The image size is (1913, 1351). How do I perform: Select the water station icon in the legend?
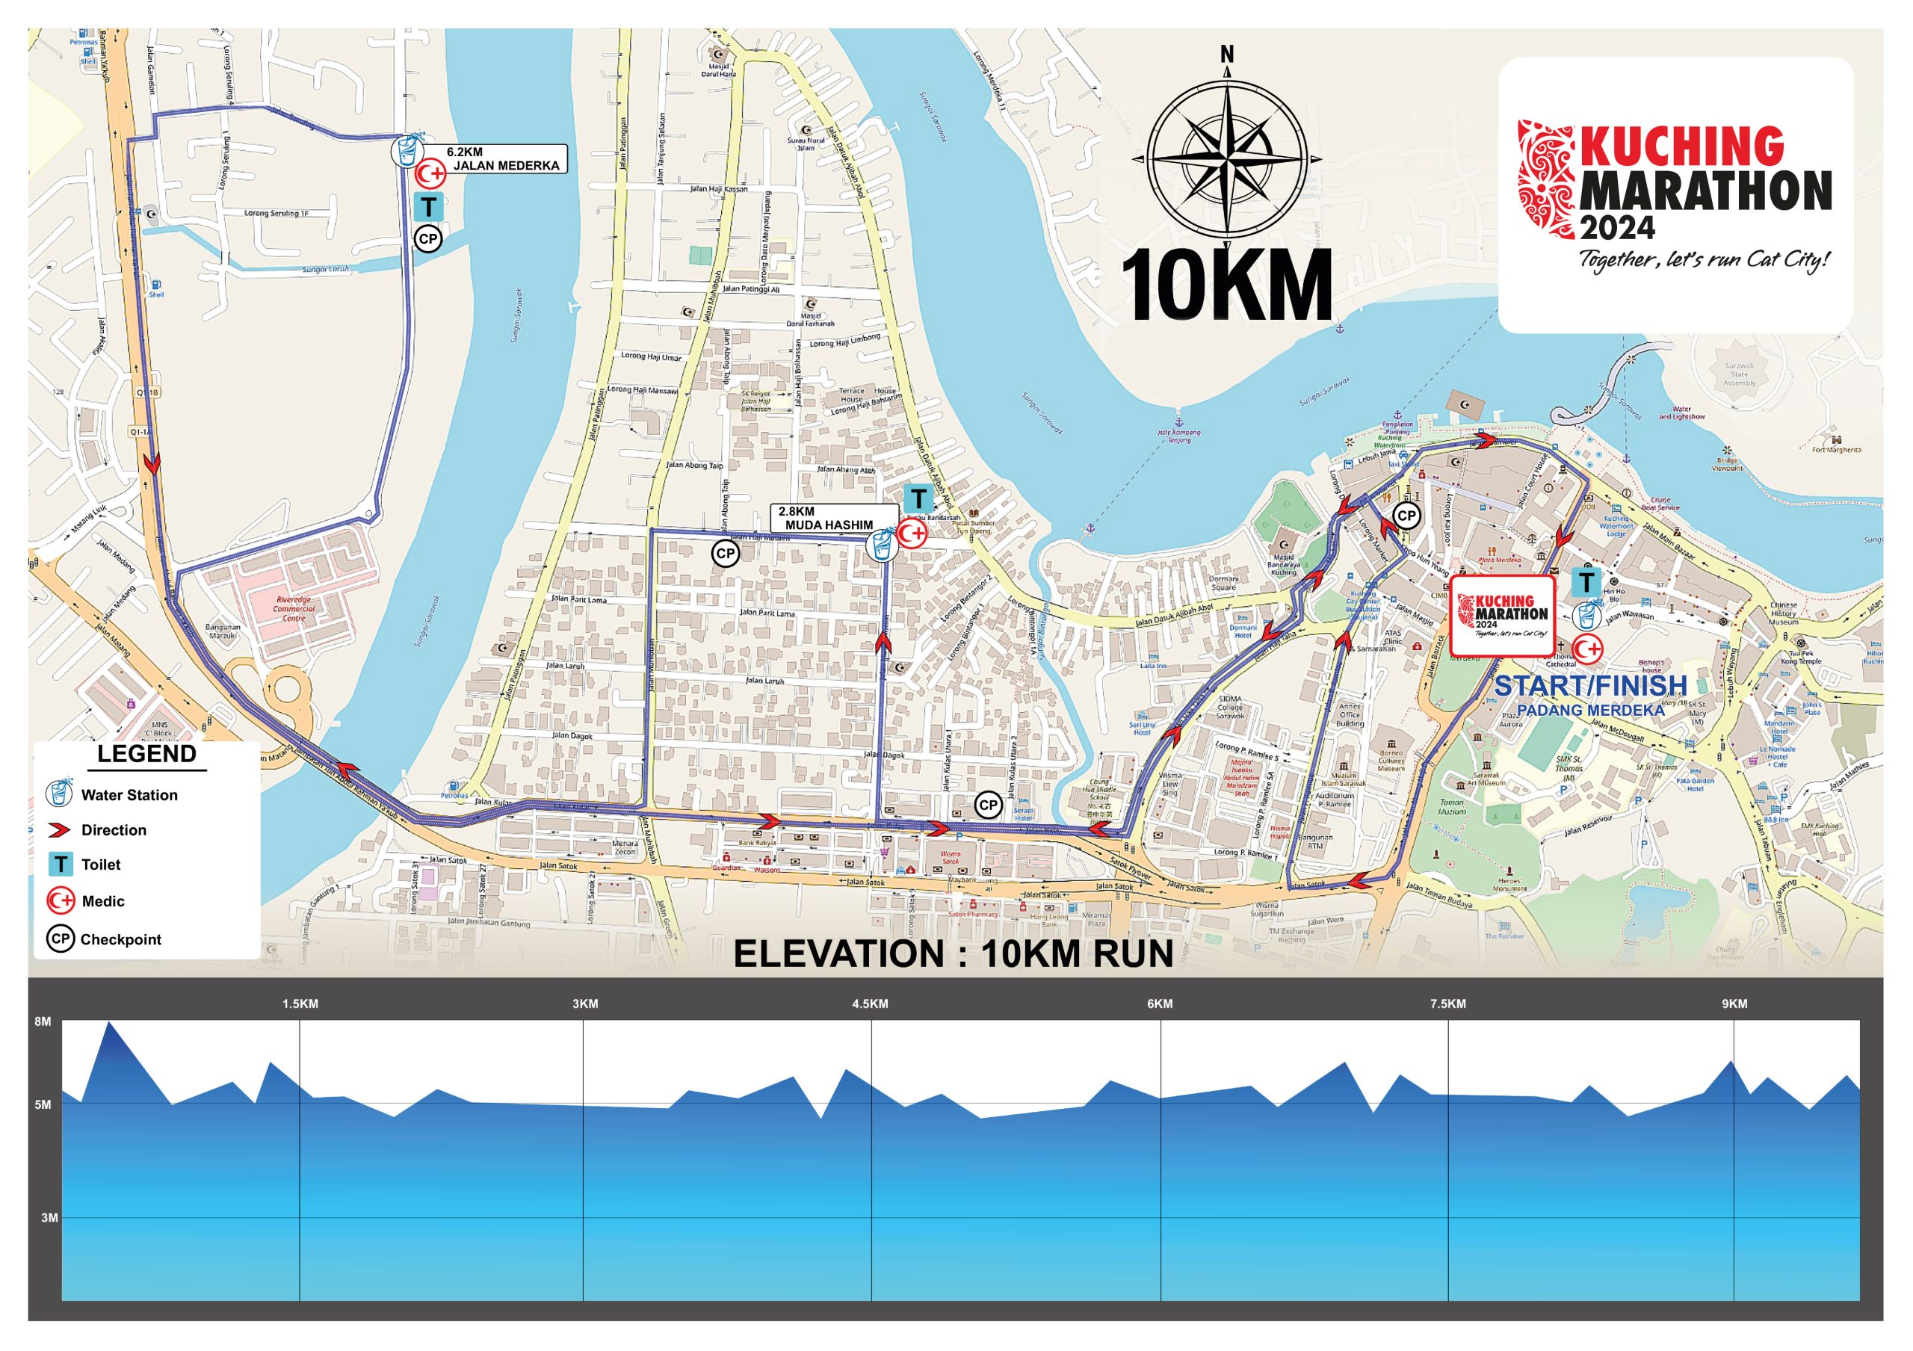click(x=59, y=794)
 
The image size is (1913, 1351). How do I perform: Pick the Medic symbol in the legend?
click(x=61, y=900)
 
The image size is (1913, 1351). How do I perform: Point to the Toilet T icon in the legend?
click(x=60, y=865)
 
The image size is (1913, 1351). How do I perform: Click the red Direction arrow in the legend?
click(x=60, y=829)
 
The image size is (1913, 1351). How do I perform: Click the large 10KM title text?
click(x=1226, y=285)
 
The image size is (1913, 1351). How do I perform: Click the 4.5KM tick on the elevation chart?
click(x=870, y=1004)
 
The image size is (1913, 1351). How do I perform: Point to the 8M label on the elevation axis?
click(x=43, y=1021)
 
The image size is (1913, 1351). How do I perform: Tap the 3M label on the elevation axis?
click(x=49, y=1218)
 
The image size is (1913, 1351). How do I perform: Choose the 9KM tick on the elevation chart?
click(x=1734, y=1004)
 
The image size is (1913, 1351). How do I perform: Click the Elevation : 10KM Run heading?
click(x=954, y=954)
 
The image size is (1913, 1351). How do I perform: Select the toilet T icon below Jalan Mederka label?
click(x=428, y=205)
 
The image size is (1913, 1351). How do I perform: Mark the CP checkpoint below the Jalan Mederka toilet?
click(x=427, y=239)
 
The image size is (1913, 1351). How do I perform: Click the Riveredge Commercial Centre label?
click(x=294, y=608)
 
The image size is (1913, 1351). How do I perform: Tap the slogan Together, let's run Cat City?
click(x=1705, y=260)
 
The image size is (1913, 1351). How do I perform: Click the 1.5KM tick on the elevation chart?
click(x=300, y=1004)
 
